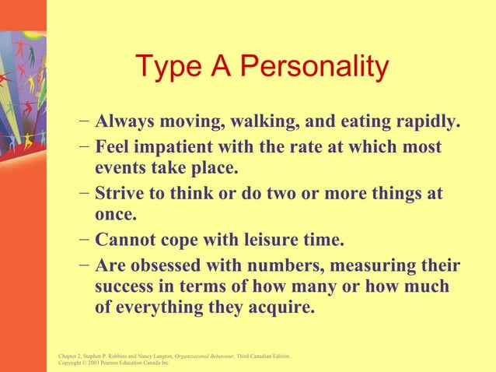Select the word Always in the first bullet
125,123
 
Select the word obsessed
176,265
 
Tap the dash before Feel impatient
84,147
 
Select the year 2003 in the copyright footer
96,363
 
